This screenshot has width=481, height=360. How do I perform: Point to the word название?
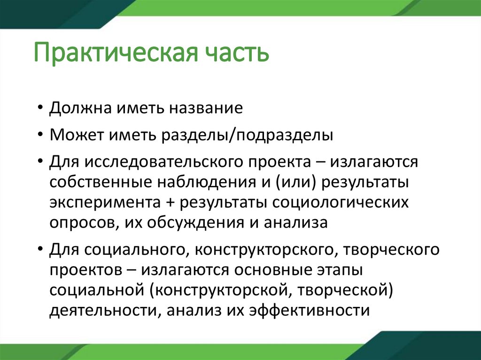tap(205, 109)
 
